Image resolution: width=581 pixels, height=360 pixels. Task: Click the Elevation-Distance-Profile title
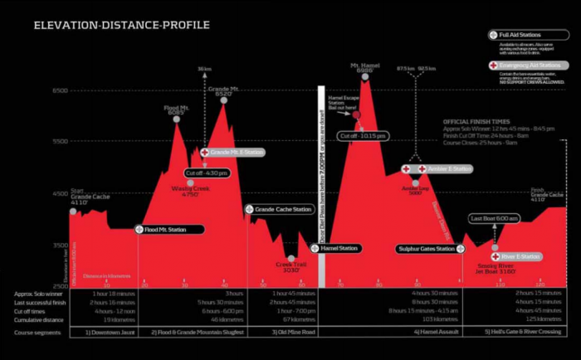121,25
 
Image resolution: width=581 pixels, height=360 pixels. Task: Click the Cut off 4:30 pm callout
206,173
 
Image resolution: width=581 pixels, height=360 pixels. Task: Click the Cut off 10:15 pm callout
363,135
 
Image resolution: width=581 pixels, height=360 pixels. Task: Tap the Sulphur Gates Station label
426,249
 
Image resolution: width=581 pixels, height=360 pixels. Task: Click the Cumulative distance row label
39,319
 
